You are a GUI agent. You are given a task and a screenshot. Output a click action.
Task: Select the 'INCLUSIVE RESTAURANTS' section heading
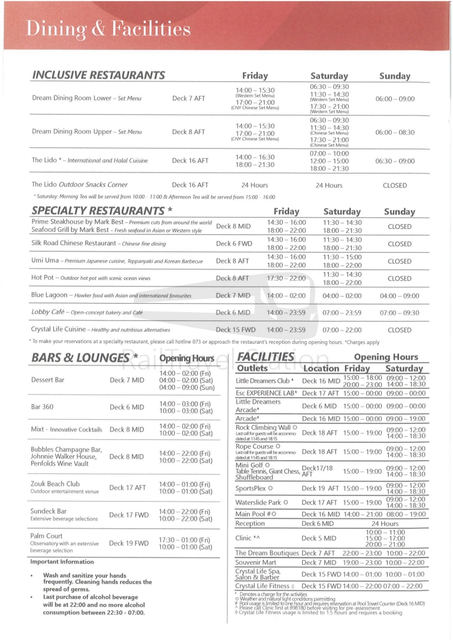[98, 75]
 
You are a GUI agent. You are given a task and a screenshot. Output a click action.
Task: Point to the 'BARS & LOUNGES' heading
[81, 357]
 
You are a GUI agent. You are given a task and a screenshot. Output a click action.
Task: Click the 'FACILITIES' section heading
[265, 357]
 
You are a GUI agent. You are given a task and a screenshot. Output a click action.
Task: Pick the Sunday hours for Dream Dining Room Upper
[395, 132]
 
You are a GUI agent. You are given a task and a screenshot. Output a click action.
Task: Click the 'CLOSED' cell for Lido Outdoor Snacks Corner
[395, 185]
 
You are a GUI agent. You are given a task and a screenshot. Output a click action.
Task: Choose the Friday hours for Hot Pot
[286, 278]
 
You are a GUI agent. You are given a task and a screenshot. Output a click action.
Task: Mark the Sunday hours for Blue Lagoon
[399, 295]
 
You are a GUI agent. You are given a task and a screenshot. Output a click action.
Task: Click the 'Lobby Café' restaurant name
[48, 312]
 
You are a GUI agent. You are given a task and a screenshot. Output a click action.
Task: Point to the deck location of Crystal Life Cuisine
[236, 329]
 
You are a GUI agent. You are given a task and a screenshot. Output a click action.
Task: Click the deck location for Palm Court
[129, 543]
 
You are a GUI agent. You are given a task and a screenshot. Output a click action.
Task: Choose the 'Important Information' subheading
[62, 562]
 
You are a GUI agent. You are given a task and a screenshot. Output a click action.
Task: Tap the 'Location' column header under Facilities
[321, 369]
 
